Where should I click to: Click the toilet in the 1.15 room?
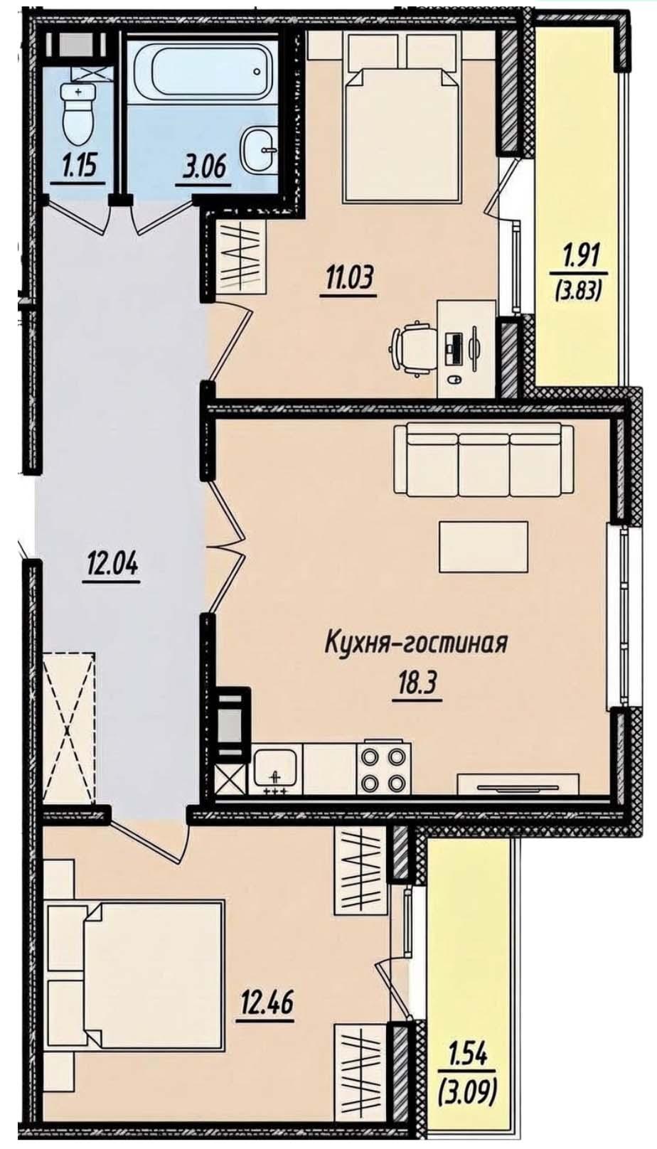click(78, 114)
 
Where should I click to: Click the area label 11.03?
click(348, 281)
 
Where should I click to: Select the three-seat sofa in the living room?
click(483, 459)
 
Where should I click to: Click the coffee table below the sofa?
click(483, 546)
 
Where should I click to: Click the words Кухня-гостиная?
click(416, 643)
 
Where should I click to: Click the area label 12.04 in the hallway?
click(112, 567)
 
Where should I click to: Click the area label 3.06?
click(203, 166)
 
